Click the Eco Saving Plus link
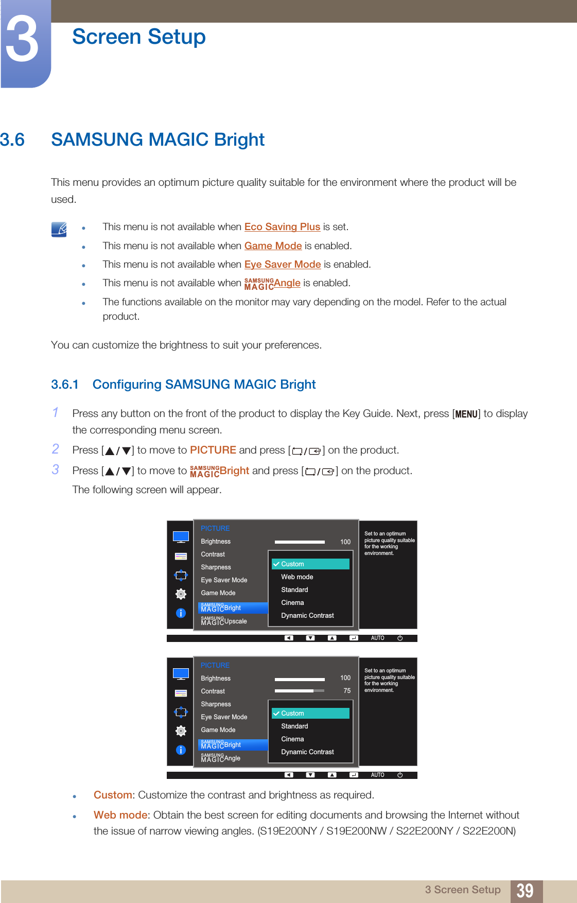click(x=282, y=227)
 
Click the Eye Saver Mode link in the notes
click(x=283, y=265)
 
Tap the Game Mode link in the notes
click(x=273, y=246)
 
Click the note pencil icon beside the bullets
click(x=59, y=229)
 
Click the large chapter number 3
click(x=22, y=40)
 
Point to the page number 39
click(x=524, y=891)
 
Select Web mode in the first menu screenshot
click(x=297, y=577)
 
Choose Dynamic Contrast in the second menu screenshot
click(x=307, y=752)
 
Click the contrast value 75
click(x=347, y=691)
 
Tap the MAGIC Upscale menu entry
click(x=224, y=621)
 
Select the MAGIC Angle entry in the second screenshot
click(x=221, y=758)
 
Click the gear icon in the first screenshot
click(x=181, y=594)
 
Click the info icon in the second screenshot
click(x=181, y=750)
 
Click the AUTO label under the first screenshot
click(x=377, y=638)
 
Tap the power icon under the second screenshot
click(x=400, y=775)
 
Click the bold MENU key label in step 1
click(x=466, y=414)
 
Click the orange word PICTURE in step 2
click(x=213, y=450)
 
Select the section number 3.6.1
click(x=65, y=385)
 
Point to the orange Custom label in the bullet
click(x=113, y=795)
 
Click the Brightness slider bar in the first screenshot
click(x=300, y=542)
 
